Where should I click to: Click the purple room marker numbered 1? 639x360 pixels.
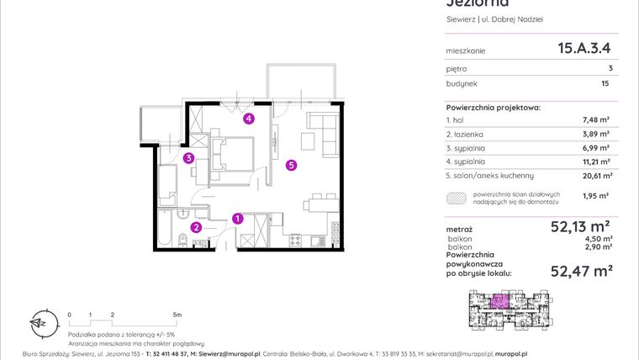pos(238,219)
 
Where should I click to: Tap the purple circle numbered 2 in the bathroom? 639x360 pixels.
pos(195,227)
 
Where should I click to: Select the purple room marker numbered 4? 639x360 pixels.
pos(249,119)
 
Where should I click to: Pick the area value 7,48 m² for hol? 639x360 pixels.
pos(596,120)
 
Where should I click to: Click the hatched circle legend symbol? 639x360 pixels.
pos(456,199)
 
